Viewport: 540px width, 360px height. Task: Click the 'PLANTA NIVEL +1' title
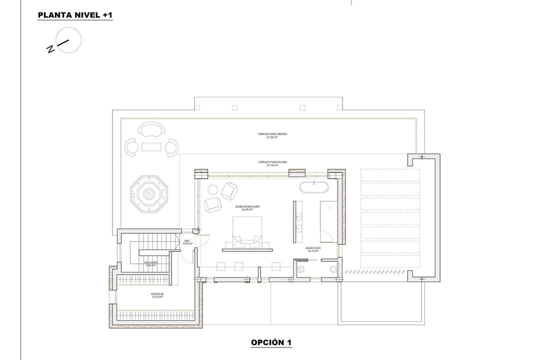click(x=75, y=15)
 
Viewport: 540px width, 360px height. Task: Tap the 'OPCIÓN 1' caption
click(x=271, y=342)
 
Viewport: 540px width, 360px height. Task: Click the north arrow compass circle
click(x=68, y=39)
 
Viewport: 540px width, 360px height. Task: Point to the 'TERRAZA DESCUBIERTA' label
click(x=272, y=134)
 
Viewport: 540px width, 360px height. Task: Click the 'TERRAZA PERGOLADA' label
click(x=272, y=162)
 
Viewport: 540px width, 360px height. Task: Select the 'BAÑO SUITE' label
click(x=313, y=248)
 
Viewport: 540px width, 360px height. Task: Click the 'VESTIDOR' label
click(x=157, y=294)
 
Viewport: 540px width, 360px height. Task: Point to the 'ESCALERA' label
click(x=151, y=262)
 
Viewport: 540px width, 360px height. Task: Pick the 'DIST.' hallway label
click(x=187, y=241)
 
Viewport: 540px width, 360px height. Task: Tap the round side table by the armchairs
click(x=212, y=189)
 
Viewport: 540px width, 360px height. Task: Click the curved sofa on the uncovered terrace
click(x=150, y=130)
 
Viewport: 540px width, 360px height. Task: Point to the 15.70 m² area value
click(x=157, y=297)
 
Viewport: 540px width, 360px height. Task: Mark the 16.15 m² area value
click(x=313, y=251)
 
